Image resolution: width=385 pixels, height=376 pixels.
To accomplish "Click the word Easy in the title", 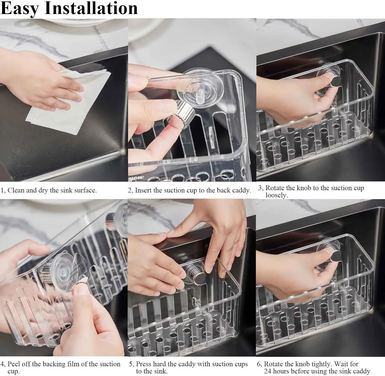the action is pos(20,8).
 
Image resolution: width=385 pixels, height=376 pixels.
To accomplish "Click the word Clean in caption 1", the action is pos(16,190).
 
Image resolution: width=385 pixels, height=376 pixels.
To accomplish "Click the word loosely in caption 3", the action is pos(277,195).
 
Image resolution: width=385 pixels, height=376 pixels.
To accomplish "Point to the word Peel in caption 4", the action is pos(13,364).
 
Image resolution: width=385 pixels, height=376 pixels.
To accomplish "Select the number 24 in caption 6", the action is pos(267,371).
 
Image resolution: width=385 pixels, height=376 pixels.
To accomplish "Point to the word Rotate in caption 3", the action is pos(275,188).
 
